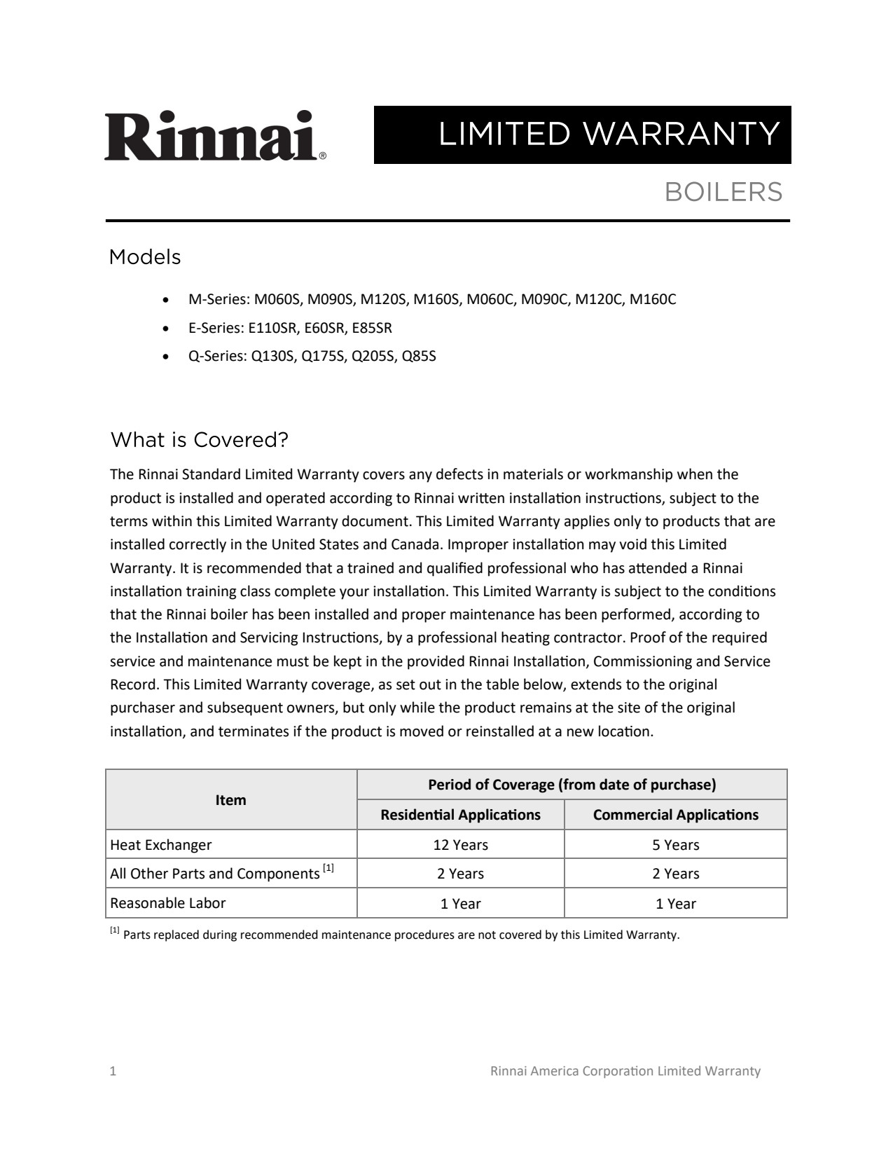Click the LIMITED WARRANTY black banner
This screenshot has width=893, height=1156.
[582, 135]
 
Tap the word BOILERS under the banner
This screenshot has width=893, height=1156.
[723, 192]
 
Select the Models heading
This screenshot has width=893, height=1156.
[145, 257]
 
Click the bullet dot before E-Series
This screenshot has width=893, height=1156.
[165, 329]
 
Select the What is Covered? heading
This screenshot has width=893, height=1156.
[200, 440]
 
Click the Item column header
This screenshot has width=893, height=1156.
[230, 800]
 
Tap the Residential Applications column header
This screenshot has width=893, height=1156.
[460, 815]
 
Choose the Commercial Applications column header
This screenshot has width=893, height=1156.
[675, 815]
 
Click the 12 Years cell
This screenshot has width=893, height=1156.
[460, 845]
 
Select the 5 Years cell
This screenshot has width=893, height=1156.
[675, 845]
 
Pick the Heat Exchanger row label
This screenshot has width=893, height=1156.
[161, 845]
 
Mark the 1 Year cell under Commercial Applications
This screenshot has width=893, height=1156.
[675, 904]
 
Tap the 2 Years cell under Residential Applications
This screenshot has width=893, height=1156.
[460, 874]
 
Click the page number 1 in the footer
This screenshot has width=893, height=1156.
[113, 1071]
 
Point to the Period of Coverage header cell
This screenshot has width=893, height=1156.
[572, 785]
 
